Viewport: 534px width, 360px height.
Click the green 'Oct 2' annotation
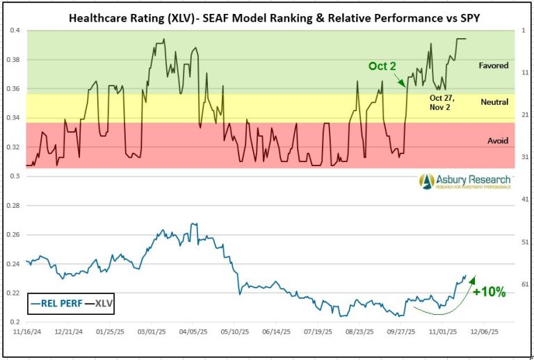coord(382,66)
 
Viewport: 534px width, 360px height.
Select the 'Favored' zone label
coord(494,66)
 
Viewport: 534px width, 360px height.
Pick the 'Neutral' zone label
coord(494,102)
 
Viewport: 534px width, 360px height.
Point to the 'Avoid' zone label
coord(498,140)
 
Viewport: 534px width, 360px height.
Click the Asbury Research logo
coord(464,181)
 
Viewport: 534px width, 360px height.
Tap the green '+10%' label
coord(489,292)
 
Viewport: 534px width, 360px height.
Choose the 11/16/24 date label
coord(26,332)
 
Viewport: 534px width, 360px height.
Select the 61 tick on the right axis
coord(525,284)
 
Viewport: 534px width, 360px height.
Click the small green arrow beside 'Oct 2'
coord(401,81)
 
